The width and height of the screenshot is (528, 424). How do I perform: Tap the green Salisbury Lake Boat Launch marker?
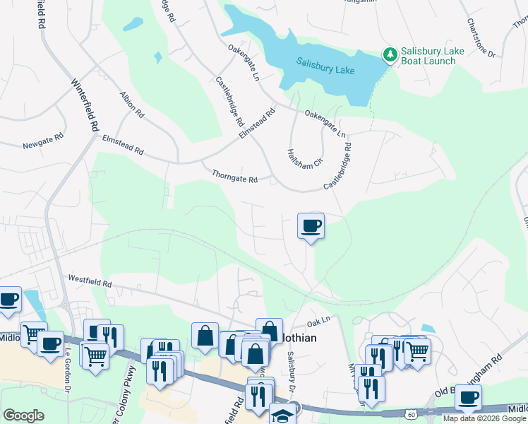click(x=389, y=54)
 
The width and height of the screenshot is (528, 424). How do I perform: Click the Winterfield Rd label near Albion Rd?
click(x=85, y=105)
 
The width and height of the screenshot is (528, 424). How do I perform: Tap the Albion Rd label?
click(x=132, y=104)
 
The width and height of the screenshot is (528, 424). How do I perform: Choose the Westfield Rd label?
click(x=90, y=282)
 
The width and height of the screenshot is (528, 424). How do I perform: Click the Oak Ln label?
click(x=318, y=322)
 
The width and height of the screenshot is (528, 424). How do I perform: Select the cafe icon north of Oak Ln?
click(x=311, y=226)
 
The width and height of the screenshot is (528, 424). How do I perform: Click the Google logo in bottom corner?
click(x=23, y=416)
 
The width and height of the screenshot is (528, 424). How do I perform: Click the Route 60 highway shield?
click(x=412, y=413)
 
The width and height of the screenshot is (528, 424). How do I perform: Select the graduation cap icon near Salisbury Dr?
click(x=283, y=415)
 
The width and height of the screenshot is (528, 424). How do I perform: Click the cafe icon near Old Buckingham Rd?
click(x=467, y=397)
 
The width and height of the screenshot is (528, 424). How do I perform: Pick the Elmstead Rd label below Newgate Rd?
click(x=124, y=146)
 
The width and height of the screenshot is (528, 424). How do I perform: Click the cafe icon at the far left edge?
click(x=8, y=300)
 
